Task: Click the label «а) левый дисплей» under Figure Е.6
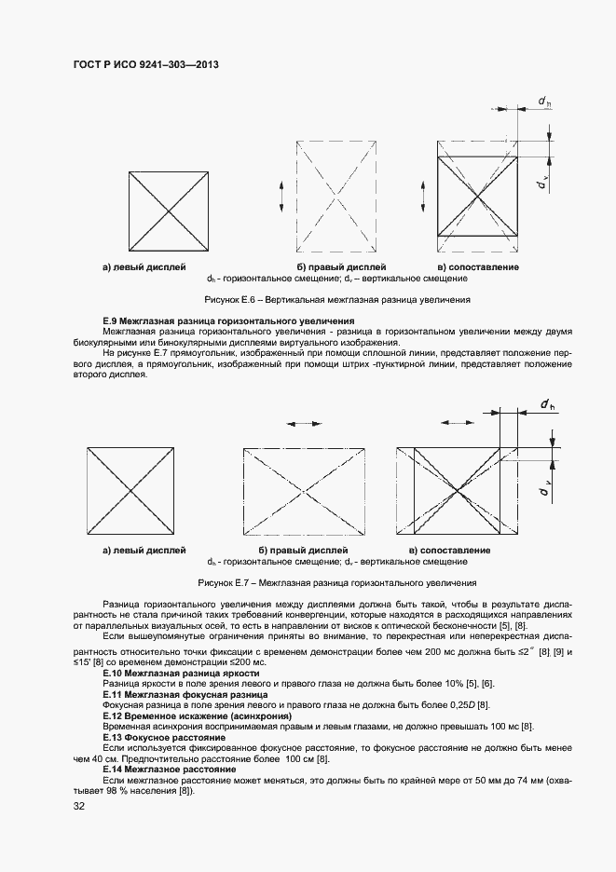144,267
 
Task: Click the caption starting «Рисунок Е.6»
336,300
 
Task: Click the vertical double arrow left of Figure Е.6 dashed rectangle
281,197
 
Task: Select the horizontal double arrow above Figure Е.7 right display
304,423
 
